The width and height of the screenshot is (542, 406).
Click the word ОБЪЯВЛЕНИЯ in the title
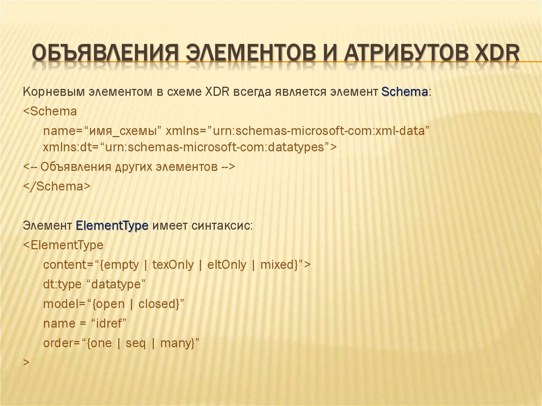point(103,55)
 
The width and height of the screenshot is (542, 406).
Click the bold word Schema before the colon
point(404,92)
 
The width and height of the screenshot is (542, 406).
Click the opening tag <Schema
point(50,112)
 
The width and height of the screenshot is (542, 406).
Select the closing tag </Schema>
point(57,186)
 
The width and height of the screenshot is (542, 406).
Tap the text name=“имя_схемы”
point(102,131)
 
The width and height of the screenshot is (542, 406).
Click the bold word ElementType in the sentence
point(112,226)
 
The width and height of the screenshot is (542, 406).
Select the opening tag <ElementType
point(64,246)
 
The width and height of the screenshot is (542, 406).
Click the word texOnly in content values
point(173,265)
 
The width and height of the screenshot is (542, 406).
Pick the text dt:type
point(62,284)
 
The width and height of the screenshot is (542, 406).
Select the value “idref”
point(109,323)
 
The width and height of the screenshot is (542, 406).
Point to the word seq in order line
point(135,343)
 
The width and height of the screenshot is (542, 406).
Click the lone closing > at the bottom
point(26,362)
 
